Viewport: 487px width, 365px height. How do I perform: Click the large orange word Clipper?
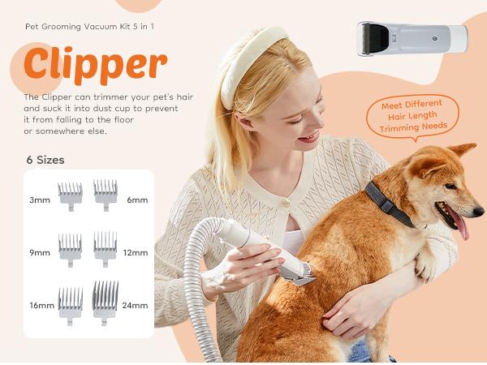pyautogui.click(x=95, y=65)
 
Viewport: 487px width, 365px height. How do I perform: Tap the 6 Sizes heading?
pyautogui.click(x=45, y=160)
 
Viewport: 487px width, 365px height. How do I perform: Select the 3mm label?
pyautogui.click(x=40, y=200)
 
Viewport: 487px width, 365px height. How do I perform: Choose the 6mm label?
pyautogui.click(x=137, y=200)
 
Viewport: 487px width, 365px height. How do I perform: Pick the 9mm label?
pyautogui.click(x=40, y=252)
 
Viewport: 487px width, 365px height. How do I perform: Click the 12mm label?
pyautogui.click(x=136, y=252)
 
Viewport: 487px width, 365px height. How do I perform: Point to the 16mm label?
pyautogui.click(x=40, y=306)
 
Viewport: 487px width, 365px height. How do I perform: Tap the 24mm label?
pyautogui.click(x=136, y=306)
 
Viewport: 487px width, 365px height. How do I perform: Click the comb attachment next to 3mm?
pyautogui.click(x=71, y=194)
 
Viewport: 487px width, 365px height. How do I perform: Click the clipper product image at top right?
pyautogui.click(x=412, y=39)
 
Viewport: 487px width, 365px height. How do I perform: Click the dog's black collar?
pyautogui.click(x=389, y=202)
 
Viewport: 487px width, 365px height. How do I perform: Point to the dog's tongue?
pyautogui.click(x=462, y=225)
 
